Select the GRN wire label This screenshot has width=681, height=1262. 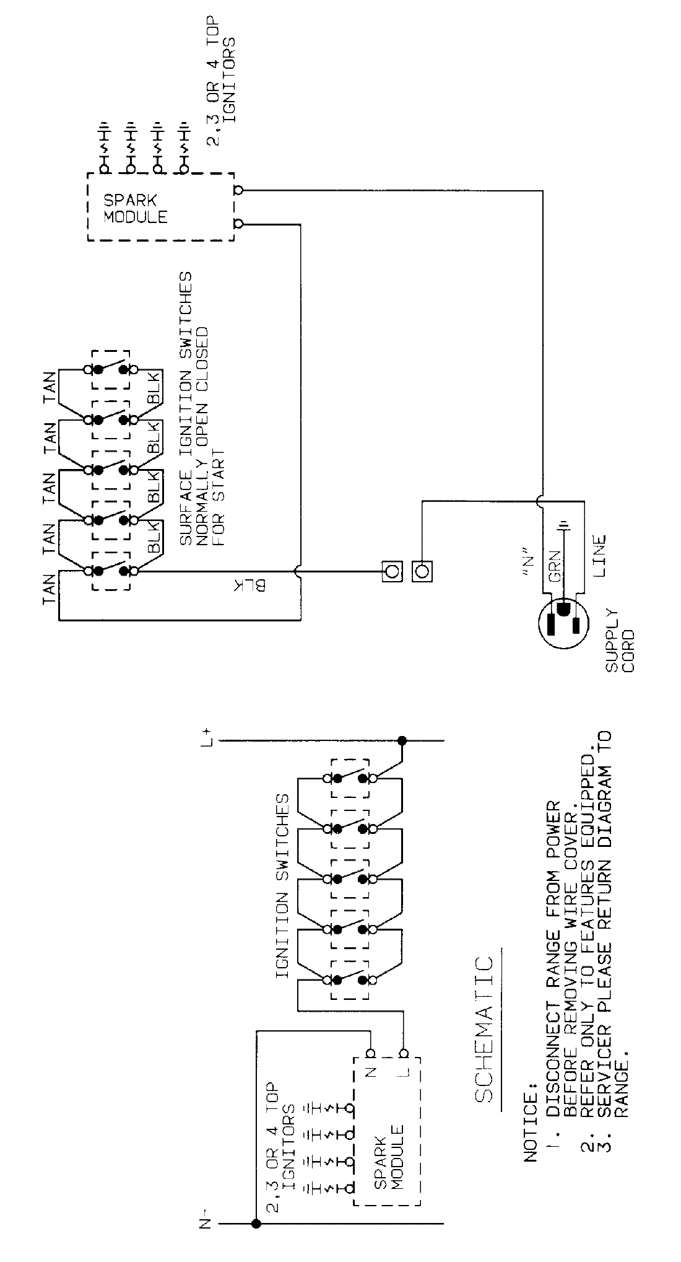tap(555, 566)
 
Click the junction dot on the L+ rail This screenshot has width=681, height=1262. tap(402, 740)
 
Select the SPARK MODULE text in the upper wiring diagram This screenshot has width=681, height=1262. tap(135, 209)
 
